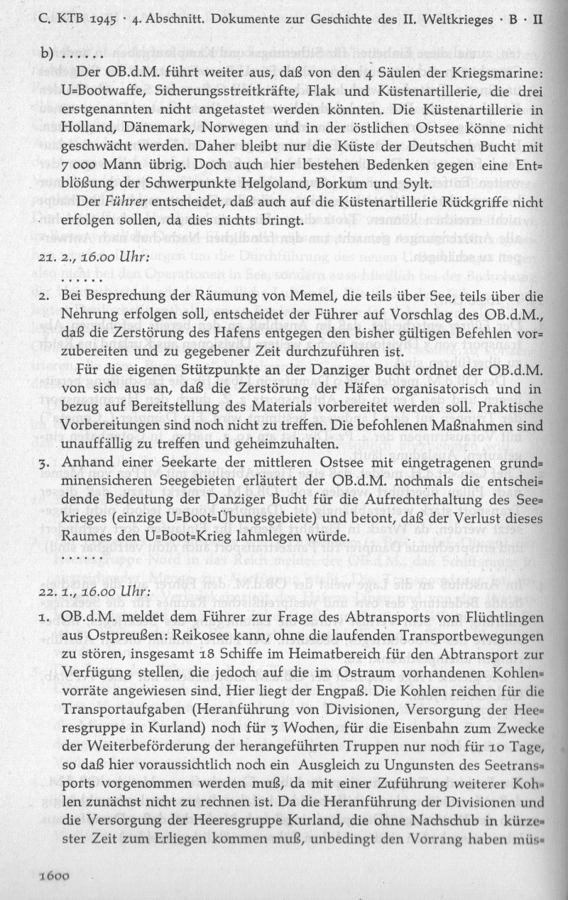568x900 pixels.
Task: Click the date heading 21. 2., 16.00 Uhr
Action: [94, 254]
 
